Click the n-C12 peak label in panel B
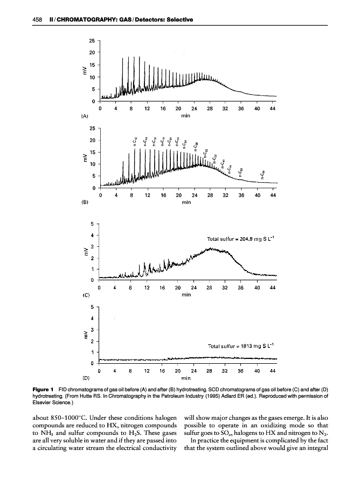click(x=135, y=142)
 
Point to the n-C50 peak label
click(x=240, y=171)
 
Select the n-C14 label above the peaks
click(x=146, y=142)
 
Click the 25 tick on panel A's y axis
click(x=93, y=40)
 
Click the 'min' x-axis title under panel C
click(x=186, y=295)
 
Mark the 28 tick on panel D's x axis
click(x=210, y=371)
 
